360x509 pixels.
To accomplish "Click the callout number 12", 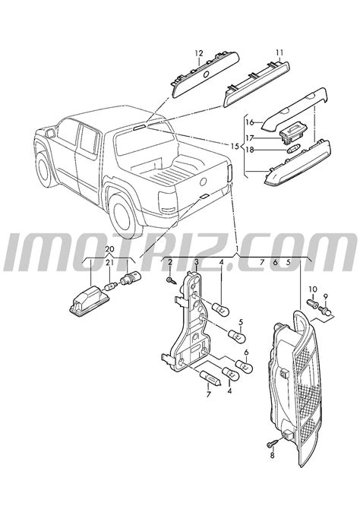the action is click(x=199, y=53).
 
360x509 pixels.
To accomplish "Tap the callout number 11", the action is click(x=279, y=52).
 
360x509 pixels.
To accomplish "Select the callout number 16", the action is click(x=249, y=122).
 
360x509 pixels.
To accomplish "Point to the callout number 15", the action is click(x=235, y=147).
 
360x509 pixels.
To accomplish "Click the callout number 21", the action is click(x=109, y=263).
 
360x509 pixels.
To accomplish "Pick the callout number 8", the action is click(x=272, y=455).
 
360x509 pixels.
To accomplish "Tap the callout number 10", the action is click(x=313, y=289).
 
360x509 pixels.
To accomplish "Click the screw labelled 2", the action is click(x=171, y=280).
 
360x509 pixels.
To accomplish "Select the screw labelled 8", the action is click(x=273, y=443).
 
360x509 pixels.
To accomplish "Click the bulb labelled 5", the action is click(x=238, y=336).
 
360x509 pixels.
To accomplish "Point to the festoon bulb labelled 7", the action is click(x=210, y=378).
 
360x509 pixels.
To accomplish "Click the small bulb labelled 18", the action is click(x=293, y=150).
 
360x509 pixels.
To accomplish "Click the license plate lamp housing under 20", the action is click(x=91, y=301).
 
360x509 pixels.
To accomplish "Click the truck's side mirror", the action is click(x=50, y=134).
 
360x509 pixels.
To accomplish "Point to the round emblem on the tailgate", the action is click(x=204, y=182).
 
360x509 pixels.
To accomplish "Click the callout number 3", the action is click(x=197, y=261).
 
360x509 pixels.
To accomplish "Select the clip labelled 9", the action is click(x=326, y=311).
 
